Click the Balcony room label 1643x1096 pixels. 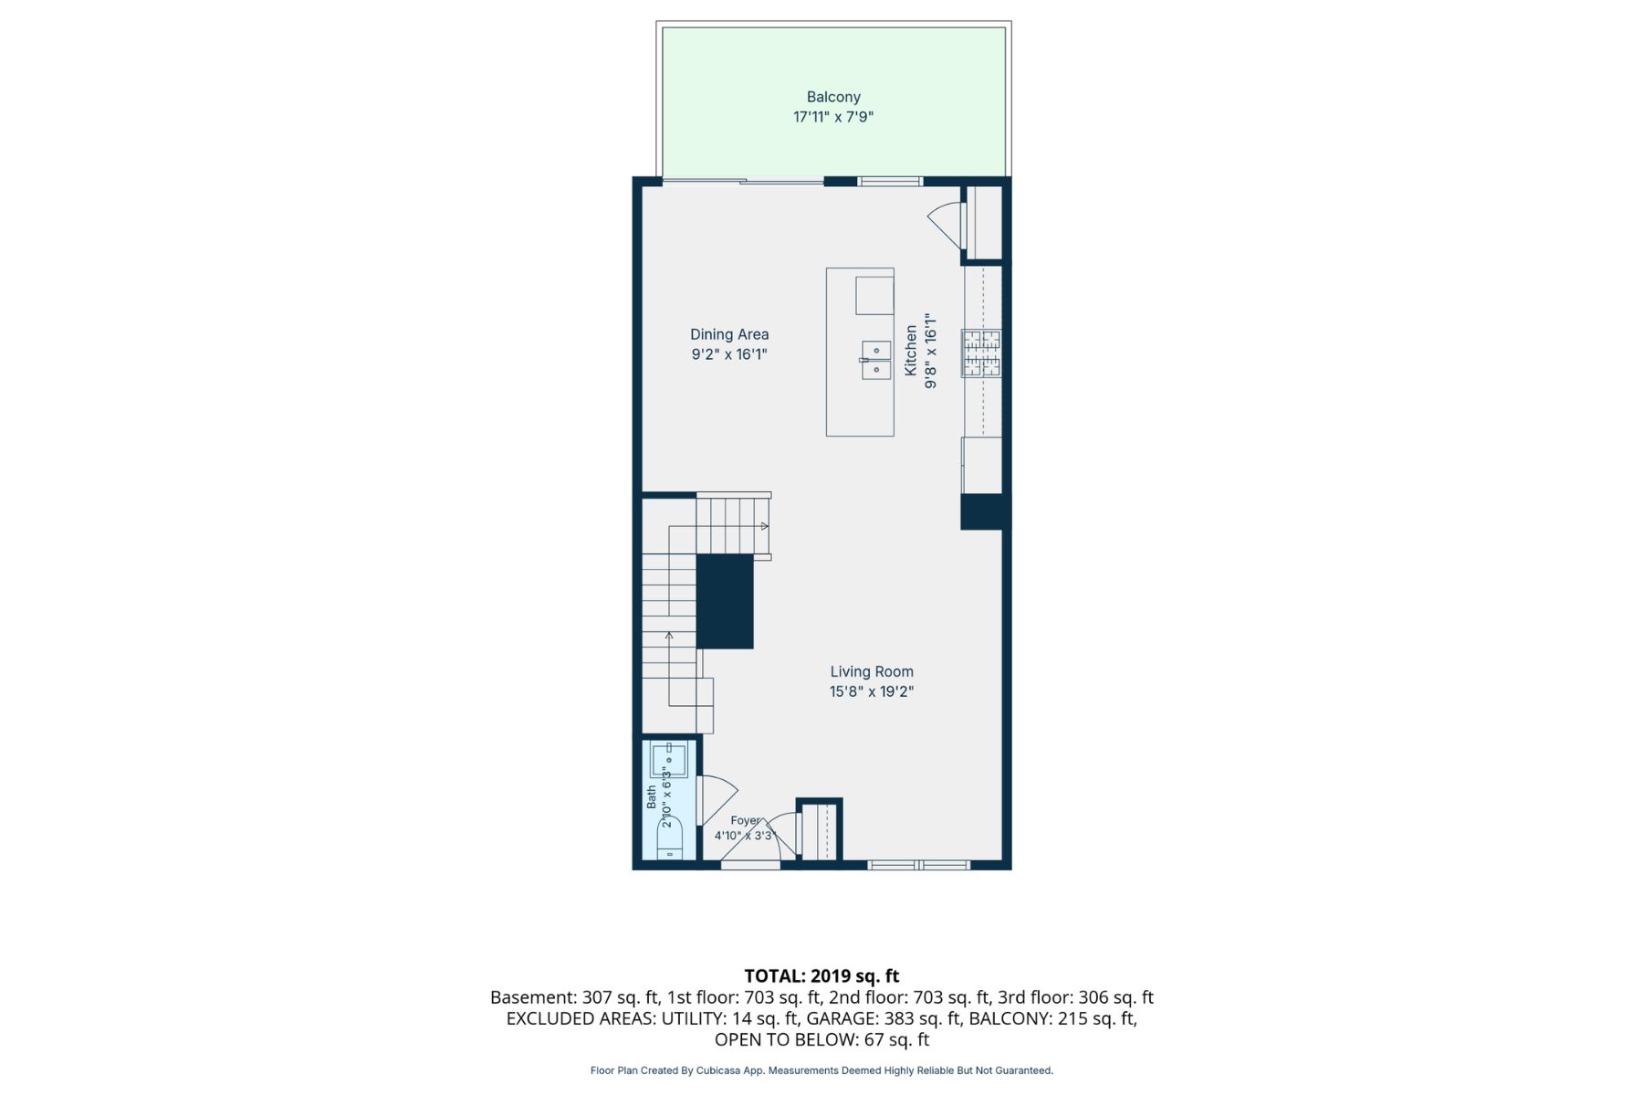(833, 97)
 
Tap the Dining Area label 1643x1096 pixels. (729, 334)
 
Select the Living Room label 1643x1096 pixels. (872, 671)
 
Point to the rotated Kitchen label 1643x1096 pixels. (911, 350)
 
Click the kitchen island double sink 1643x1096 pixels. (876, 360)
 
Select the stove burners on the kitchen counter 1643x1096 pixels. (981, 353)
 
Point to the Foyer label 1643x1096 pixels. (746, 820)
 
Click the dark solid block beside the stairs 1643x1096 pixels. (726, 602)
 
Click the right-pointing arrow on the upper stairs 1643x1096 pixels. (765, 526)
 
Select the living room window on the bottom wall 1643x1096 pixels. (918, 864)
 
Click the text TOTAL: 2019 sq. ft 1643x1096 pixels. (821, 975)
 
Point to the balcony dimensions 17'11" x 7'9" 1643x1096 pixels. (833, 117)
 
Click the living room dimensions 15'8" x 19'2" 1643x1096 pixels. (872, 691)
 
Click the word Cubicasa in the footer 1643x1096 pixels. (717, 1070)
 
